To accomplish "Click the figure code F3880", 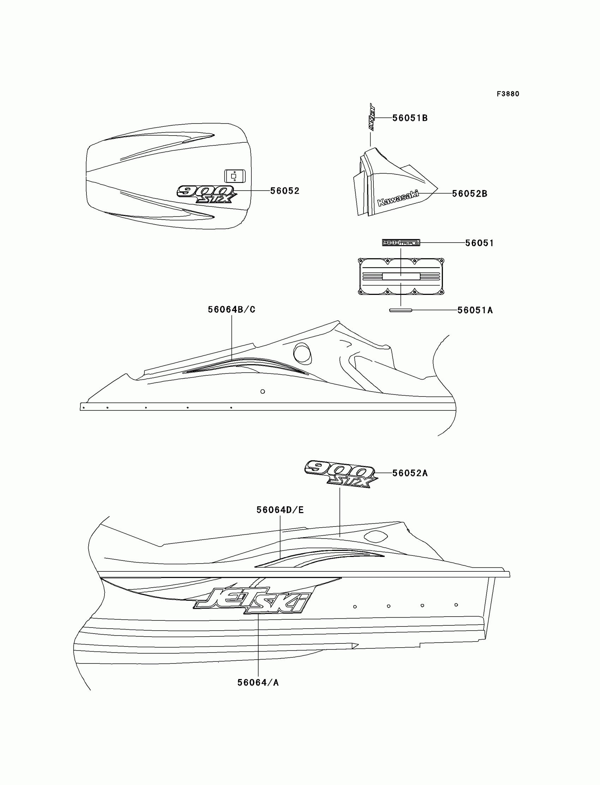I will (508, 94).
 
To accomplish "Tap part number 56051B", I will (410, 118).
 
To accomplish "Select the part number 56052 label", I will (284, 191).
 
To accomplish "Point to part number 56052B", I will (469, 194).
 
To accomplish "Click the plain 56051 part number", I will (479, 243).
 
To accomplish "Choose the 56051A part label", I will (475, 310).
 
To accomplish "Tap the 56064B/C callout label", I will (232, 309).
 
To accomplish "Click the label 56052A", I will (410, 473).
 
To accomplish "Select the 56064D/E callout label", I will (280, 510).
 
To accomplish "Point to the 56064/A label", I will (258, 683).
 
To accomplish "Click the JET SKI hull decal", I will (252, 601).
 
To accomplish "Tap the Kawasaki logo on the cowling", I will (398, 198).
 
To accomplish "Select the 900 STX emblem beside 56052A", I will (341, 473).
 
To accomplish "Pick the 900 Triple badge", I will (401, 243).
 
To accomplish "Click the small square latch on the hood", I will (235, 176).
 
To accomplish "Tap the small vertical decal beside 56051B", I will (371, 117).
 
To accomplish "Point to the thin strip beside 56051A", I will (400, 310).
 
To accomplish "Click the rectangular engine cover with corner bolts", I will (401, 276).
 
